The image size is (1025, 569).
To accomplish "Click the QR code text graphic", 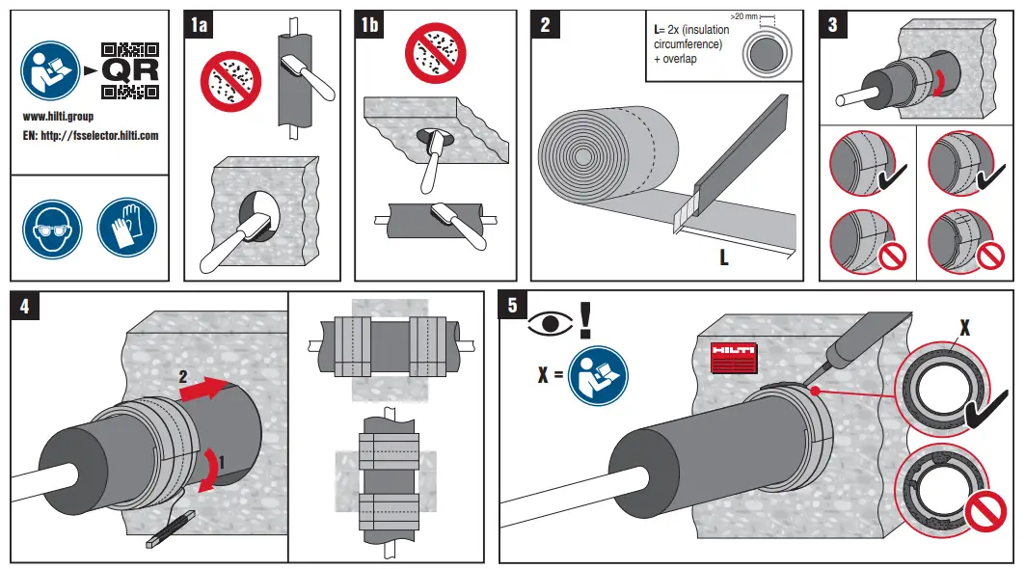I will (x=129, y=71).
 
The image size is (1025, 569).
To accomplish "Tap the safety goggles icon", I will (x=50, y=228).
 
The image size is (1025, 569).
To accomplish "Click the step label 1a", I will (x=199, y=25).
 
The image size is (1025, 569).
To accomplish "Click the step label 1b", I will (x=369, y=25).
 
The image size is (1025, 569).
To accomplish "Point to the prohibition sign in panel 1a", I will (x=230, y=81).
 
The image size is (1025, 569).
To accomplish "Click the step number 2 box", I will (x=545, y=25).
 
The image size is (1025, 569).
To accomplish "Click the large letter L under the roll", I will (x=723, y=257).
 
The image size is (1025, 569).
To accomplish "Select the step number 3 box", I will (x=833, y=25).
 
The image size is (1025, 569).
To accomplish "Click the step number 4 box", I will (x=25, y=307).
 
